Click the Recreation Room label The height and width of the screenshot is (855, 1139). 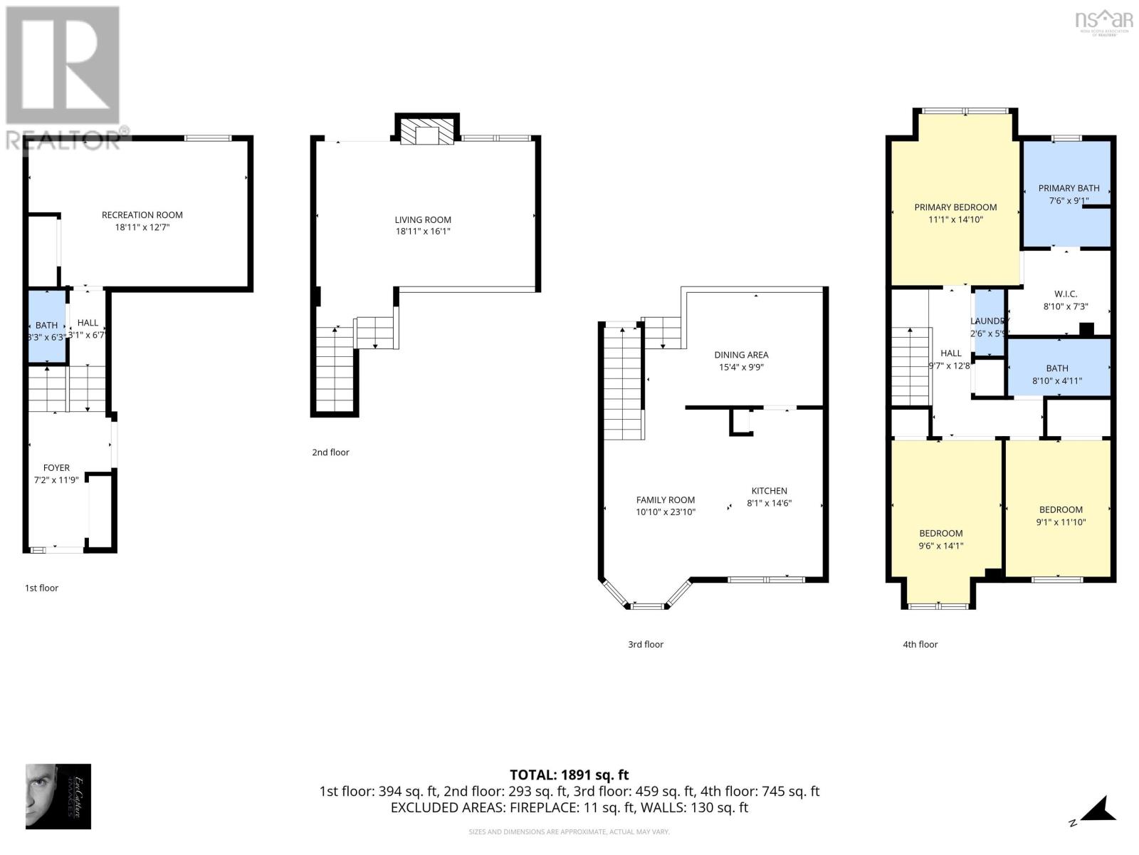[142, 214]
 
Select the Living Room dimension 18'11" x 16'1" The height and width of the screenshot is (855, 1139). [423, 232]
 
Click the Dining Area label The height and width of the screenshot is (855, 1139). [741, 355]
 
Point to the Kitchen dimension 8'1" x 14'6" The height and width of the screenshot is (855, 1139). [769, 503]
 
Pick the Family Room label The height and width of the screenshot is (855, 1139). [665, 500]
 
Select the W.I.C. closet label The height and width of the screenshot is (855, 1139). [1065, 294]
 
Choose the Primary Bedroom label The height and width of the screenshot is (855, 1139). [955, 207]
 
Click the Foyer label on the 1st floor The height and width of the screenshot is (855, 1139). [56, 468]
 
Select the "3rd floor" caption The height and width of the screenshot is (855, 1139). [645, 644]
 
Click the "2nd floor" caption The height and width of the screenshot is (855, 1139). [330, 452]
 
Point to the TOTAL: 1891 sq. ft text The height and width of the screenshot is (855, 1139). [569, 774]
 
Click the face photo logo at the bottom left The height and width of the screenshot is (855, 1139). [58, 796]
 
